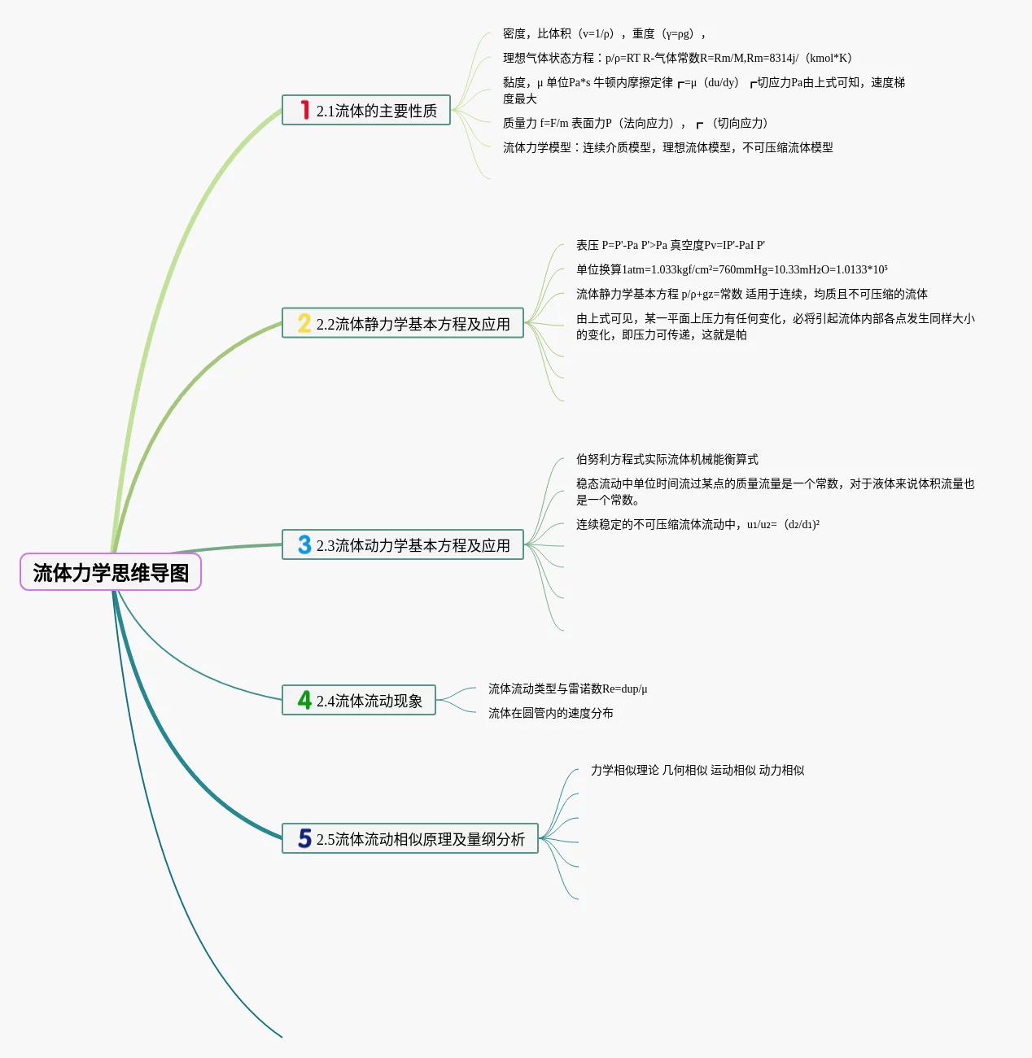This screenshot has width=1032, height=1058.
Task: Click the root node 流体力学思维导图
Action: click(111, 572)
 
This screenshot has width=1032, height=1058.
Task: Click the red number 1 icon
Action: click(304, 110)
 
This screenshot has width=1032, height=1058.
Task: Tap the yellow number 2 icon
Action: click(304, 323)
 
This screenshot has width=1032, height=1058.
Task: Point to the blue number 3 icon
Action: click(304, 544)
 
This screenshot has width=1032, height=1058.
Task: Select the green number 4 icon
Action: click(304, 700)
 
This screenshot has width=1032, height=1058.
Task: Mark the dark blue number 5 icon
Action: click(304, 838)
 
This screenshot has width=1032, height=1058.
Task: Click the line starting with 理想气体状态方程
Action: click(677, 58)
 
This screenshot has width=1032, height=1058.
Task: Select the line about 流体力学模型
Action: click(667, 147)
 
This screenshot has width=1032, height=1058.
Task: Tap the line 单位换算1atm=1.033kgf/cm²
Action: click(732, 269)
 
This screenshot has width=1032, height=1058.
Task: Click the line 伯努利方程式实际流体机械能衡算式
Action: click(667, 459)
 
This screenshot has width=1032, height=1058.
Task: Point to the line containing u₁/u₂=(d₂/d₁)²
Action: click(697, 524)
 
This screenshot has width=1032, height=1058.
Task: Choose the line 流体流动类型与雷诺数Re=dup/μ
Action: click(567, 689)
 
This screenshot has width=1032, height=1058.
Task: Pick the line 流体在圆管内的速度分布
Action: click(550, 713)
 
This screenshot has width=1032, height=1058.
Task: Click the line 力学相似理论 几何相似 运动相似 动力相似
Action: click(697, 770)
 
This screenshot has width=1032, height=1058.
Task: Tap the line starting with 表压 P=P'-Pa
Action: click(670, 245)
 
